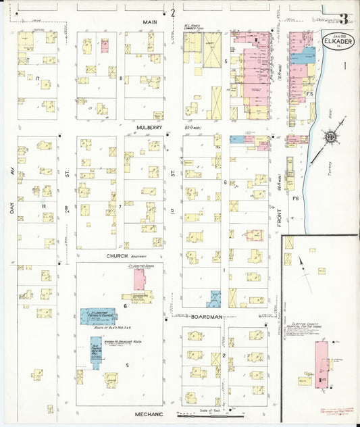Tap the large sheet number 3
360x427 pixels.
click(344, 18)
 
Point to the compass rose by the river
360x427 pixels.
click(331, 137)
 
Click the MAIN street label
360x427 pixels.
click(149, 22)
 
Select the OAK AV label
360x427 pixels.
click(12, 202)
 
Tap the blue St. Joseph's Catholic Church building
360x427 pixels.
click(99, 316)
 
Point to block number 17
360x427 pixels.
click(37, 78)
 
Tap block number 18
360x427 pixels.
click(44, 205)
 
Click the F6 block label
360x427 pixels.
click(296, 198)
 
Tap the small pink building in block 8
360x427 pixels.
click(105, 45)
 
